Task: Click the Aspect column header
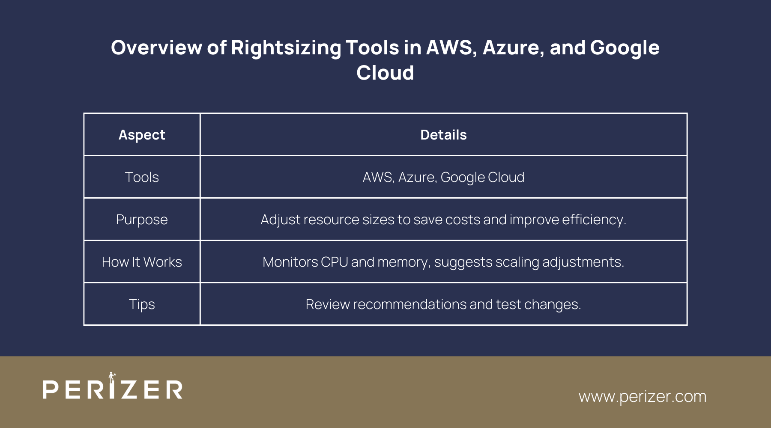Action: pyautogui.click(x=142, y=135)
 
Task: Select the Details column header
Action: pyautogui.click(x=443, y=135)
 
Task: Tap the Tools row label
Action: pyautogui.click(x=142, y=177)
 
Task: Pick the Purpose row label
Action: pyautogui.click(x=142, y=220)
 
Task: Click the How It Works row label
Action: pyautogui.click(x=142, y=262)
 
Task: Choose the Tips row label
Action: pyautogui.click(x=142, y=304)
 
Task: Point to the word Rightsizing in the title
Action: pyautogui.click(x=286, y=48)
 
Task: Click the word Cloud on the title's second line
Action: pyautogui.click(x=385, y=73)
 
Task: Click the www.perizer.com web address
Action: pyautogui.click(x=642, y=396)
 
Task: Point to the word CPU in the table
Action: pyautogui.click(x=334, y=262)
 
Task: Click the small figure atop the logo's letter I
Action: pyautogui.click(x=112, y=377)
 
